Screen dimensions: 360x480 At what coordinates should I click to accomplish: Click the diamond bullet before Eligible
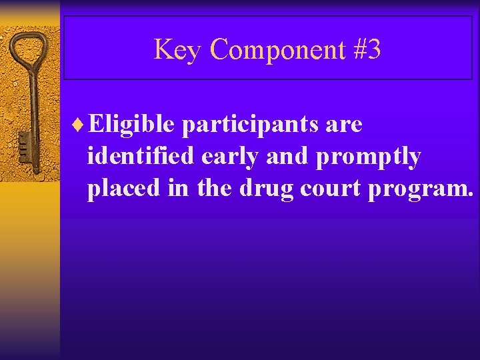81,124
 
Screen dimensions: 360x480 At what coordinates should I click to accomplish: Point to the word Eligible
131,124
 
